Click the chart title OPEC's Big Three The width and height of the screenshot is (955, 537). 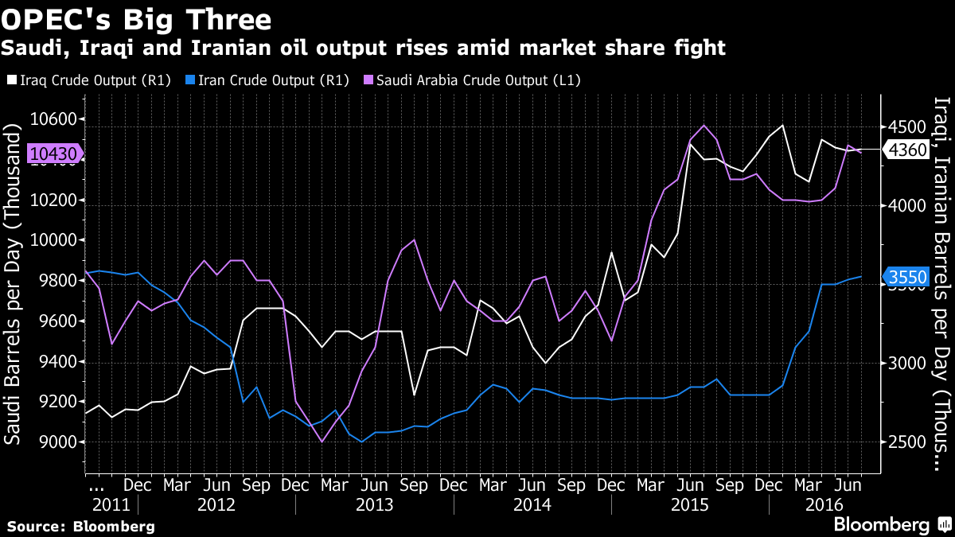[x=137, y=18]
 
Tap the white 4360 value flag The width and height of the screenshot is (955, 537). [x=906, y=150]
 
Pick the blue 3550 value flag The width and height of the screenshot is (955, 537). [x=906, y=277]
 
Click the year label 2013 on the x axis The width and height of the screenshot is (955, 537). [x=373, y=504]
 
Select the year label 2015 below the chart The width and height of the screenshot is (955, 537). [x=689, y=504]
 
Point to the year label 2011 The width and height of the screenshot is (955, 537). [x=111, y=504]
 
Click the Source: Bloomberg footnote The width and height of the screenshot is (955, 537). [x=81, y=527]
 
